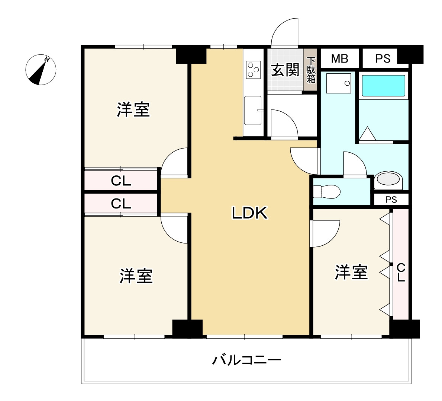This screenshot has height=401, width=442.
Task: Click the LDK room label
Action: pyautogui.click(x=249, y=213)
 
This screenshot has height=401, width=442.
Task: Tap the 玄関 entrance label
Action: pyautogui.click(x=285, y=70)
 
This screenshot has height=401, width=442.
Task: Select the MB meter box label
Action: pyautogui.click(x=339, y=58)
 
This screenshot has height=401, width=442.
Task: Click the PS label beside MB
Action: pyautogui.click(x=383, y=58)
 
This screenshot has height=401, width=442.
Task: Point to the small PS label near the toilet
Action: pyautogui.click(x=391, y=200)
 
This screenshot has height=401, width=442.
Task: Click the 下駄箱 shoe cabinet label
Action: pyautogui.click(x=311, y=70)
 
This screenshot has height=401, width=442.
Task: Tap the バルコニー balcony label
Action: pyautogui.click(x=246, y=360)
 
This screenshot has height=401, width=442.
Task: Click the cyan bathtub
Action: pyautogui.click(x=383, y=86)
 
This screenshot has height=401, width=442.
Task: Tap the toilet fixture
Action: pyautogui.click(x=326, y=192)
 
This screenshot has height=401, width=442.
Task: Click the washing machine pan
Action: pyautogui.click(x=338, y=83)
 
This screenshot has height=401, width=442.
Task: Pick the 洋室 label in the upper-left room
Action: pyautogui.click(x=133, y=109)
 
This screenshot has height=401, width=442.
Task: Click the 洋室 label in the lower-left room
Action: pyautogui.click(x=136, y=276)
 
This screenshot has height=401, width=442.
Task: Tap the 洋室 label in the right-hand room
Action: pyautogui.click(x=351, y=272)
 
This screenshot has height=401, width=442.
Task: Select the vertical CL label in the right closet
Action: pyautogui.click(x=401, y=273)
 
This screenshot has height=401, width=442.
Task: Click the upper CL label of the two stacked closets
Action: pyautogui.click(x=121, y=181)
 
